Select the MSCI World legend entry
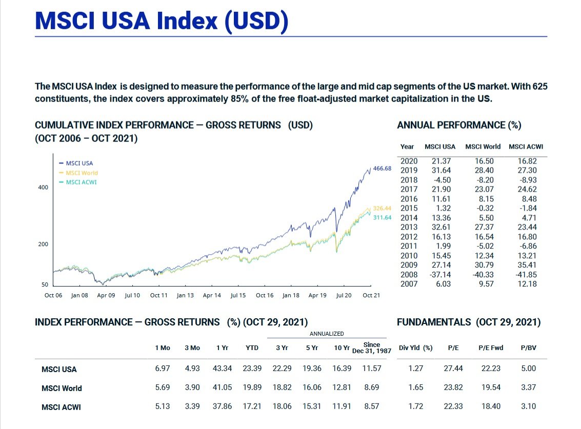(x=81, y=173)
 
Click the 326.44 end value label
(x=382, y=208)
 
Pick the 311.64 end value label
(x=382, y=217)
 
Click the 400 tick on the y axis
(x=43, y=187)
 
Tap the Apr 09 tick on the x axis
(x=106, y=295)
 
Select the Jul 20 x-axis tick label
(x=344, y=295)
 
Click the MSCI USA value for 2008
(x=440, y=274)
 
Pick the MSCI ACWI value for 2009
(x=527, y=265)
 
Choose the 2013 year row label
(x=408, y=227)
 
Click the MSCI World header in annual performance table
(x=483, y=147)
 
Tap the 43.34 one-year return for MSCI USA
(x=222, y=368)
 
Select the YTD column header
(x=252, y=348)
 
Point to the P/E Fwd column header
(x=491, y=348)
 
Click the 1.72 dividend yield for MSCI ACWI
(x=416, y=406)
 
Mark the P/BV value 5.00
(x=528, y=368)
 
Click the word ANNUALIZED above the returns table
(x=327, y=334)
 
